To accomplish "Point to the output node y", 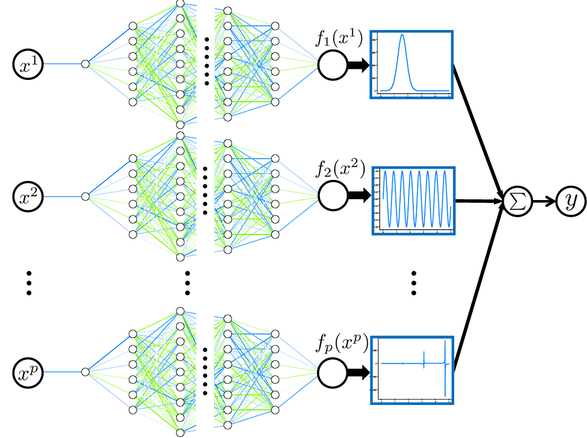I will pos(570,201).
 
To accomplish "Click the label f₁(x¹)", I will pos(339,39).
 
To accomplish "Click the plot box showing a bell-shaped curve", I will pos(412,64).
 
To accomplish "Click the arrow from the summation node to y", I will pos(544,201).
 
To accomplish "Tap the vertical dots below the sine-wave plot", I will pos(414,283).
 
